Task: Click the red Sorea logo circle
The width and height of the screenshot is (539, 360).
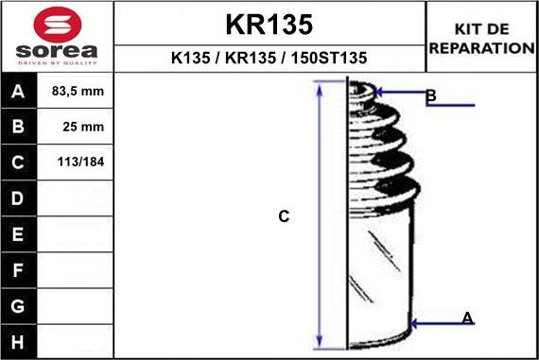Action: pyautogui.click(x=57, y=24)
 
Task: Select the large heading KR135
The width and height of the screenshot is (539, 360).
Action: pyautogui.click(x=269, y=24)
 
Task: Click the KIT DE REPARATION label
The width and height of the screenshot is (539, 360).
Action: pyautogui.click(x=482, y=39)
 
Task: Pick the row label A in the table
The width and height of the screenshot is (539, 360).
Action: pyautogui.click(x=18, y=92)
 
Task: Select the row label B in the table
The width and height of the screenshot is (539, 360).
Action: pyautogui.click(x=18, y=127)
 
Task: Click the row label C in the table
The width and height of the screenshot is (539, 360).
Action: pyautogui.click(x=18, y=163)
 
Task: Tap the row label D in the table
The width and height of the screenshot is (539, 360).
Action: pyautogui.click(x=18, y=198)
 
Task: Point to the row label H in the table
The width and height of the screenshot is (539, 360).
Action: pyautogui.click(x=18, y=341)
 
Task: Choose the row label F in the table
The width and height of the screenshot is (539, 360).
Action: pyautogui.click(x=18, y=270)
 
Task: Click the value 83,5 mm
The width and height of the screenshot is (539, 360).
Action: pyautogui.click(x=78, y=92)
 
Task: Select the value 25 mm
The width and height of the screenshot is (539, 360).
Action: pyautogui.click(x=78, y=127)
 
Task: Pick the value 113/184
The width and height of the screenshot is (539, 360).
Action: pyautogui.click(x=78, y=163)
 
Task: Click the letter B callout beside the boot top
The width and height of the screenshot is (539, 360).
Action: pyautogui.click(x=430, y=96)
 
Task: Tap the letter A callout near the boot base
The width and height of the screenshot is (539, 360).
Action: pyautogui.click(x=467, y=318)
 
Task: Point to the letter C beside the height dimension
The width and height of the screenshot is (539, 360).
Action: pyautogui.click(x=284, y=216)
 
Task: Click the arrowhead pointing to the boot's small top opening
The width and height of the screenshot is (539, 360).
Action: pyautogui.click(x=379, y=93)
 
